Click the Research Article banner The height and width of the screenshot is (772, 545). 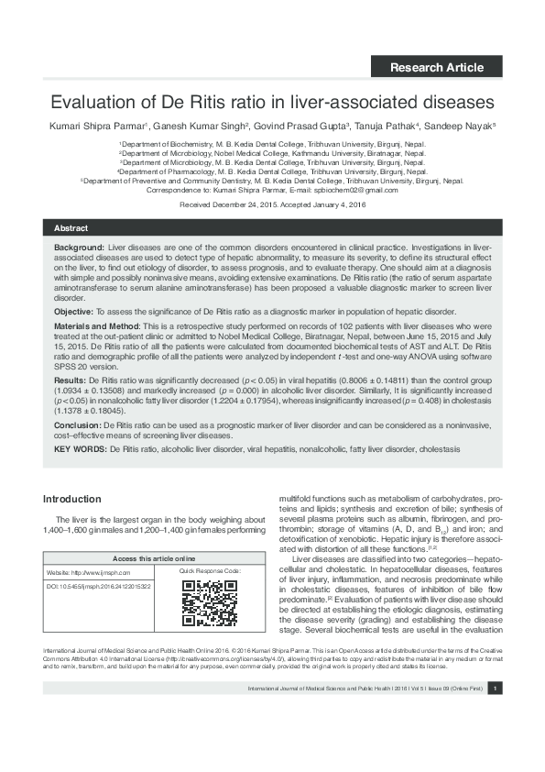[437, 67]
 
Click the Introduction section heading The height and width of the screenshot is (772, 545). [72, 499]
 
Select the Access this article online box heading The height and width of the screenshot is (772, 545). [153, 557]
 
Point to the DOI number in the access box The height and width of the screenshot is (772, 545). [106, 584]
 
